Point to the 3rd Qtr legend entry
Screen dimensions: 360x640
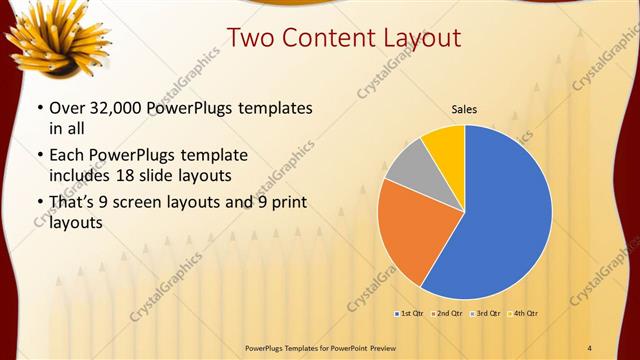click(x=488, y=314)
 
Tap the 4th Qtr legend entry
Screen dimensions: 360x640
click(x=526, y=314)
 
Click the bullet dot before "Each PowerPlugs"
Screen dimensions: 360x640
click(x=39, y=156)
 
